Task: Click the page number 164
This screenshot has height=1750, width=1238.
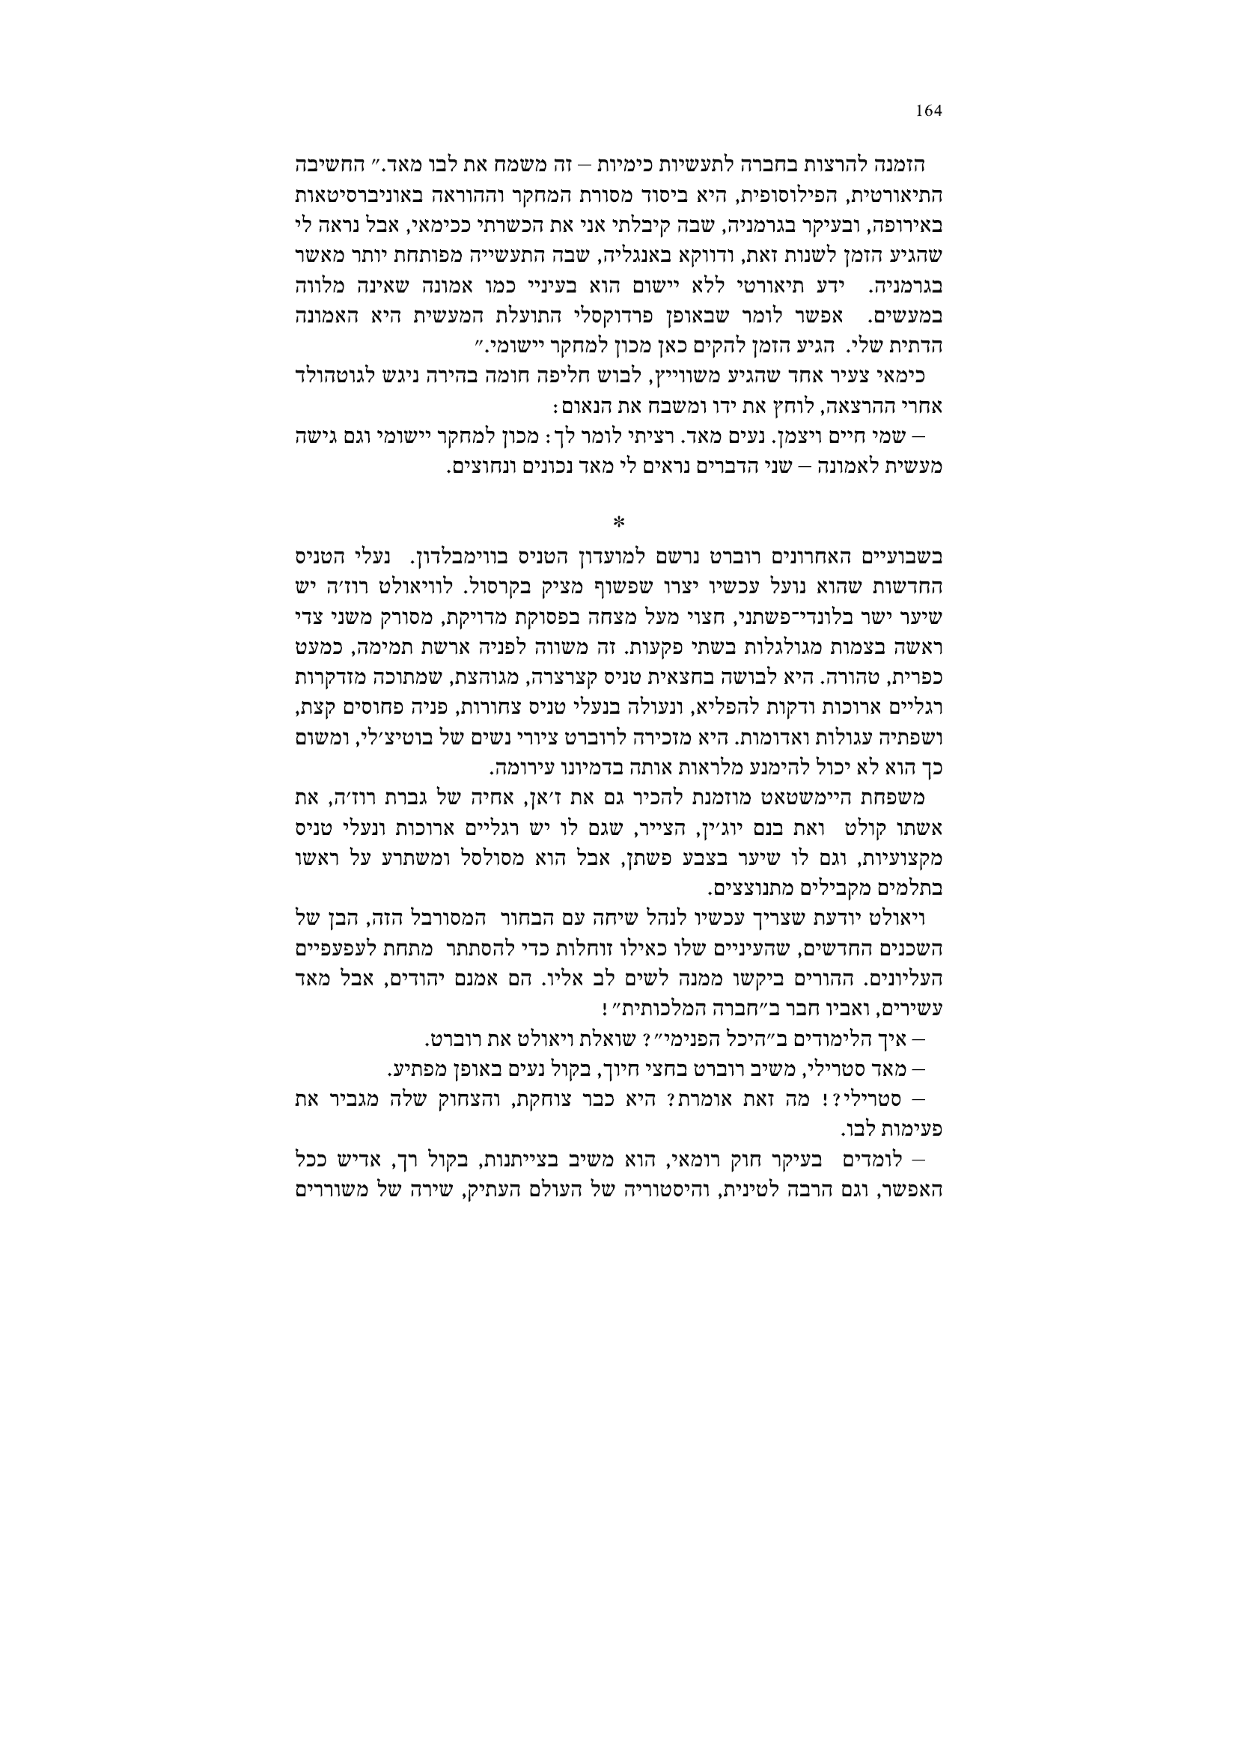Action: pyautogui.click(x=928, y=111)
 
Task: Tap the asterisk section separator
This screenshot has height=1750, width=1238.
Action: pyautogui.click(x=618, y=522)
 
